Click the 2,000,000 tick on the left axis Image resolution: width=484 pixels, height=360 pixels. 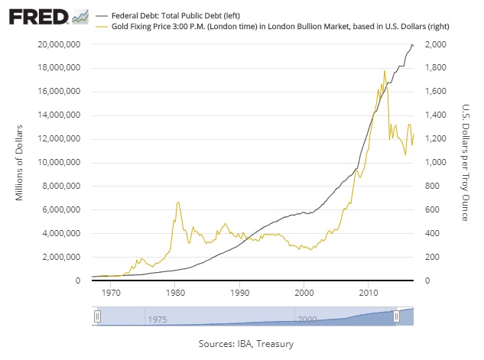coord(60,257)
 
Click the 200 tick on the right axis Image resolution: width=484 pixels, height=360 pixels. coord(433,257)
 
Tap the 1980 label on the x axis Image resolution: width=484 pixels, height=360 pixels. coord(175,293)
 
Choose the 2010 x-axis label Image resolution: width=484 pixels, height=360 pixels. coord(369,293)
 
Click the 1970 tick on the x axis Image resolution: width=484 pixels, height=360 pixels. coord(111,293)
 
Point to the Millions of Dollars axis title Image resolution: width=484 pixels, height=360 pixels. coord(21,163)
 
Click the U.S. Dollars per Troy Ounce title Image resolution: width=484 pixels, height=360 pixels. coord(464,163)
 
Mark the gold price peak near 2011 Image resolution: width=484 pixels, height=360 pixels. coord(384,70)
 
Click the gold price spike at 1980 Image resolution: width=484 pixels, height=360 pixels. coord(177,203)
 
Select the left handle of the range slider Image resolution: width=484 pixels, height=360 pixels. coord(97,316)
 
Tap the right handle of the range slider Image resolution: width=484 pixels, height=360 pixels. coord(396,316)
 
